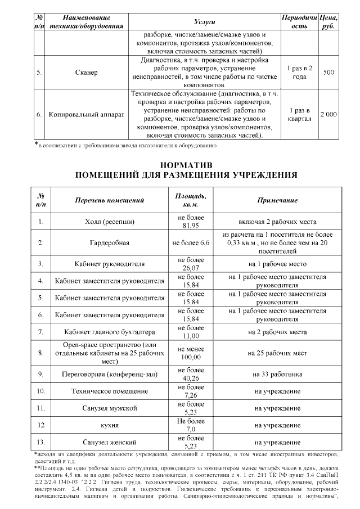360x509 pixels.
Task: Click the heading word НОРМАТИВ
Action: tap(186, 166)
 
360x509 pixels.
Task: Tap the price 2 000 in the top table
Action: tap(328, 114)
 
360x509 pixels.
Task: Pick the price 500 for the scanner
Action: tap(329, 73)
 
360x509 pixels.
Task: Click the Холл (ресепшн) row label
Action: tap(110, 222)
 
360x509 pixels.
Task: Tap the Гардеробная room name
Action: tap(110, 243)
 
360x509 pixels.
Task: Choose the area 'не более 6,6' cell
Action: tap(191, 243)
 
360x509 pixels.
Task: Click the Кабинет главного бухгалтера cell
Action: tap(110, 332)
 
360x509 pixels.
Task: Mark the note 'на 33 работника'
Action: tap(277, 374)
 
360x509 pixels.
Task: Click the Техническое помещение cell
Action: tap(110, 391)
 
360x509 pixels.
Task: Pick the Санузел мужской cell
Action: tap(110, 408)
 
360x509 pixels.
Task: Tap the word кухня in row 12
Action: tap(110, 425)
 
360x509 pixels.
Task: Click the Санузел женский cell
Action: tap(110, 442)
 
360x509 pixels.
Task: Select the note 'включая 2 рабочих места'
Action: tap(277, 222)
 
